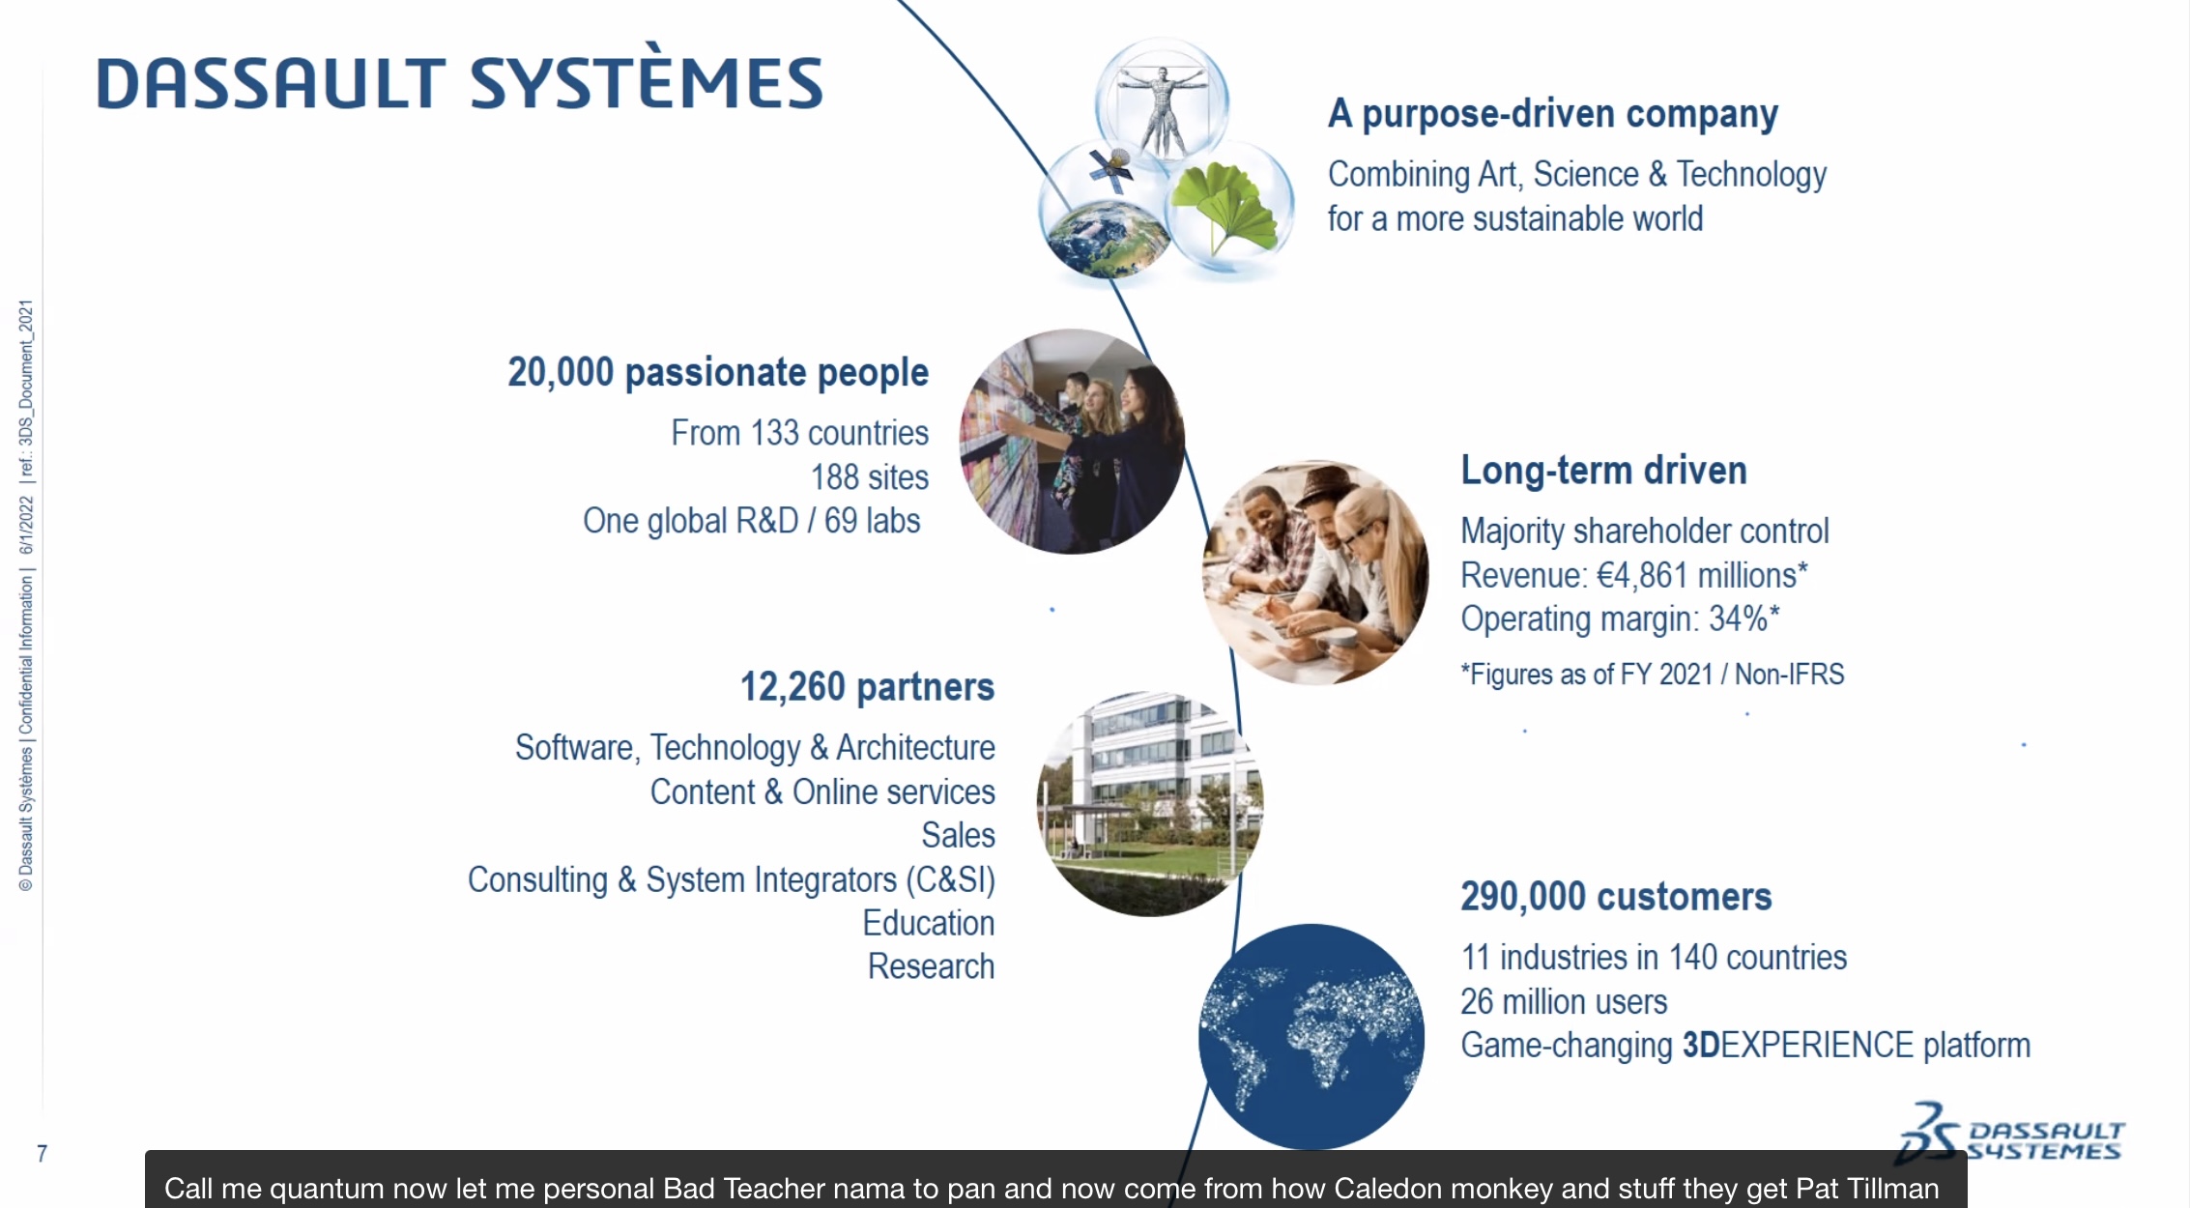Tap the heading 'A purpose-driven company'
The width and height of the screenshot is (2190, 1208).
coord(1552,114)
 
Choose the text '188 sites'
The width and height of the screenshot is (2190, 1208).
coord(870,477)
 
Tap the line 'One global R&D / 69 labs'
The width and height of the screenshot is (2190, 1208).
coord(752,521)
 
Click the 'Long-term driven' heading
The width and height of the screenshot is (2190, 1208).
coord(1603,471)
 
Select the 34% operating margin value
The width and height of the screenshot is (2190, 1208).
coord(1739,618)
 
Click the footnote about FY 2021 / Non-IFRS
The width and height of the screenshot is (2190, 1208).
coord(1653,674)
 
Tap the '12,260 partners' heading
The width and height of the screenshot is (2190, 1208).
coord(867,687)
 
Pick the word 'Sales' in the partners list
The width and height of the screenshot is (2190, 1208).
coord(958,835)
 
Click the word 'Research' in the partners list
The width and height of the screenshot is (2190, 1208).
coord(931,966)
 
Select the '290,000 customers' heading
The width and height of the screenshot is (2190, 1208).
coord(1616,897)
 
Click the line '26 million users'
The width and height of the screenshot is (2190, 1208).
coord(1564,1002)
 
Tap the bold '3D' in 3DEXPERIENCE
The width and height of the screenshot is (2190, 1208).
coord(1701,1046)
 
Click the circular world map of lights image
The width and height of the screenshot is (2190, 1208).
coord(1311,1037)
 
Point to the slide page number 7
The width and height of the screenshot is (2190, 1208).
coord(43,1153)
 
